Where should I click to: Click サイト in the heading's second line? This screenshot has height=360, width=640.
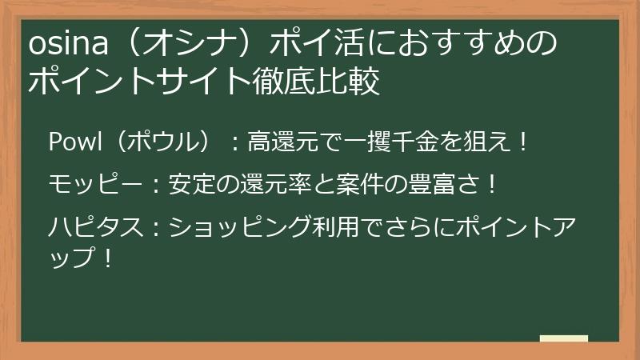point(207,81)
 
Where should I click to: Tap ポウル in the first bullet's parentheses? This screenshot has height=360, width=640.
point(165,143)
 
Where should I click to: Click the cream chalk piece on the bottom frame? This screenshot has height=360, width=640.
point(563,339)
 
